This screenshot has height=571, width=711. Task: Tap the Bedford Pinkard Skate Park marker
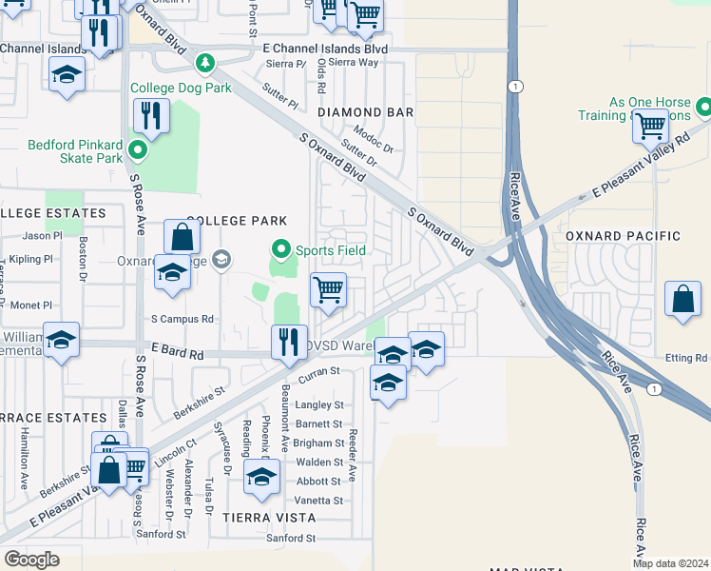coord(138,150)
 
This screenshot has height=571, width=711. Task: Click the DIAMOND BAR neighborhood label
coord(365,112)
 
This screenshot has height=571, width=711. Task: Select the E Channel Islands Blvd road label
coord(325,49)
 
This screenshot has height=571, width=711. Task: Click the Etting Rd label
coord(687,358)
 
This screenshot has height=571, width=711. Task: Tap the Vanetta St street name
coord(319,501)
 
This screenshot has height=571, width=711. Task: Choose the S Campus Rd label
coord(183,319)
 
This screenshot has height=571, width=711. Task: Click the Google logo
coord(30,560)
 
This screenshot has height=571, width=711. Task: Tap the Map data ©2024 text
coord(669,563)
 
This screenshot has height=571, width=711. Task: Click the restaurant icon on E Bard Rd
coord(288,342)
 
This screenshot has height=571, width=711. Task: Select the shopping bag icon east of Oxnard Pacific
coord(682,298)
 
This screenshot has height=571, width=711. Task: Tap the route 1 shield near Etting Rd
coord(654,389)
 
